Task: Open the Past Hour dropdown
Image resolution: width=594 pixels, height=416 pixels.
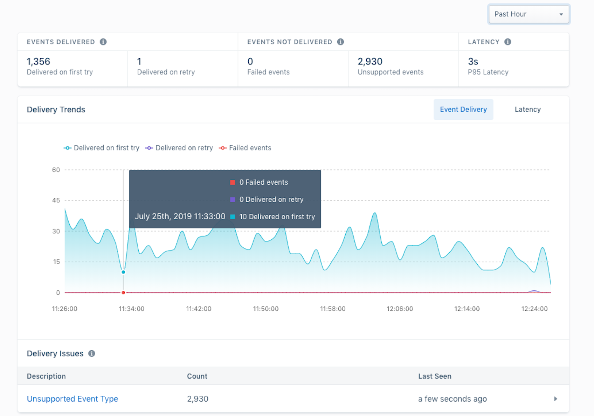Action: point(529,14)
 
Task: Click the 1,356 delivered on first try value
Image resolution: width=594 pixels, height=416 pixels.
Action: point(39,62)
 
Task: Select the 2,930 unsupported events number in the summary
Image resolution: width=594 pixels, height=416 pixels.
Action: point(370,62)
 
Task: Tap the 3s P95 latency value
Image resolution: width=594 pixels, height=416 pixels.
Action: point(473,62)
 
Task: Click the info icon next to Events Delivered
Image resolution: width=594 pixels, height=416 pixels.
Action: point(103,42)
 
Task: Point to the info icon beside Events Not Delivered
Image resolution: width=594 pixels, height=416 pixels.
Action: point(340,42)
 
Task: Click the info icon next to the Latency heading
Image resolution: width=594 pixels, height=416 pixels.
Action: point(507,42)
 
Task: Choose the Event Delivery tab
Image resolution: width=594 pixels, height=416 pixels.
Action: point(463,110)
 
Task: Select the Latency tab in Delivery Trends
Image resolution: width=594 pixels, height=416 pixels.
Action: point(527,110)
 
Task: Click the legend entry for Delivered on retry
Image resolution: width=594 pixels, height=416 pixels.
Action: point(179,148)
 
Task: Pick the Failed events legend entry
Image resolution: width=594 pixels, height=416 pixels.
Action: point(245,148)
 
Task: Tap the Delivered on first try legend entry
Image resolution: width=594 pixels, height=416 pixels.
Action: point(102,148)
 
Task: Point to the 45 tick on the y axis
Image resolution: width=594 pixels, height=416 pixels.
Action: point(56,200)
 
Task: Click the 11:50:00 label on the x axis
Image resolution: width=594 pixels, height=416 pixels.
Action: point(266,309)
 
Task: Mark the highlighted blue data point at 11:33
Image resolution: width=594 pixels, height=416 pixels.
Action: point(123,272)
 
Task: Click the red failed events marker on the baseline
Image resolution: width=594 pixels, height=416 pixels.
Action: point(123,292)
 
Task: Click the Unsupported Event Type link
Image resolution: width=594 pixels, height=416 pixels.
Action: point(72,399)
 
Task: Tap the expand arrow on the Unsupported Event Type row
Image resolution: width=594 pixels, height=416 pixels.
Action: point(555,399)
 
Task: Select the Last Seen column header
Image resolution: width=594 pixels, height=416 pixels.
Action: point(435,376)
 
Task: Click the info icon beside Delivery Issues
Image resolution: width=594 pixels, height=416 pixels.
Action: point(92,353)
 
